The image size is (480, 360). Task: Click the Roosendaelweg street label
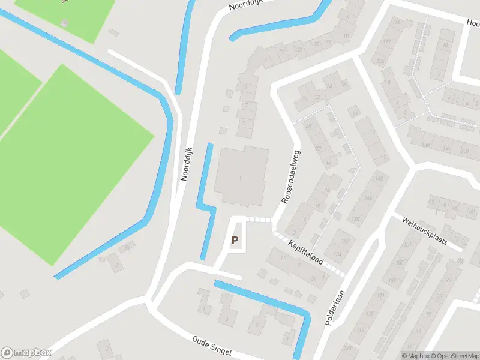[x=291, y=176]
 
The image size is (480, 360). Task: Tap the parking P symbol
[x=235, y=241]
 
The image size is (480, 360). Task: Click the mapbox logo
[x=26, y=353]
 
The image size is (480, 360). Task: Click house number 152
[x=344, y=241]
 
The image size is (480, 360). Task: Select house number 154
[x=337, y=254]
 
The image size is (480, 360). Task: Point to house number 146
[x=368, y=197]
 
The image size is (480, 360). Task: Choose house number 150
[x=356, y=220]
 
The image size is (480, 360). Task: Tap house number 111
[x=379, y=295]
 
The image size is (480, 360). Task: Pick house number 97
[x=431, y=202]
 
